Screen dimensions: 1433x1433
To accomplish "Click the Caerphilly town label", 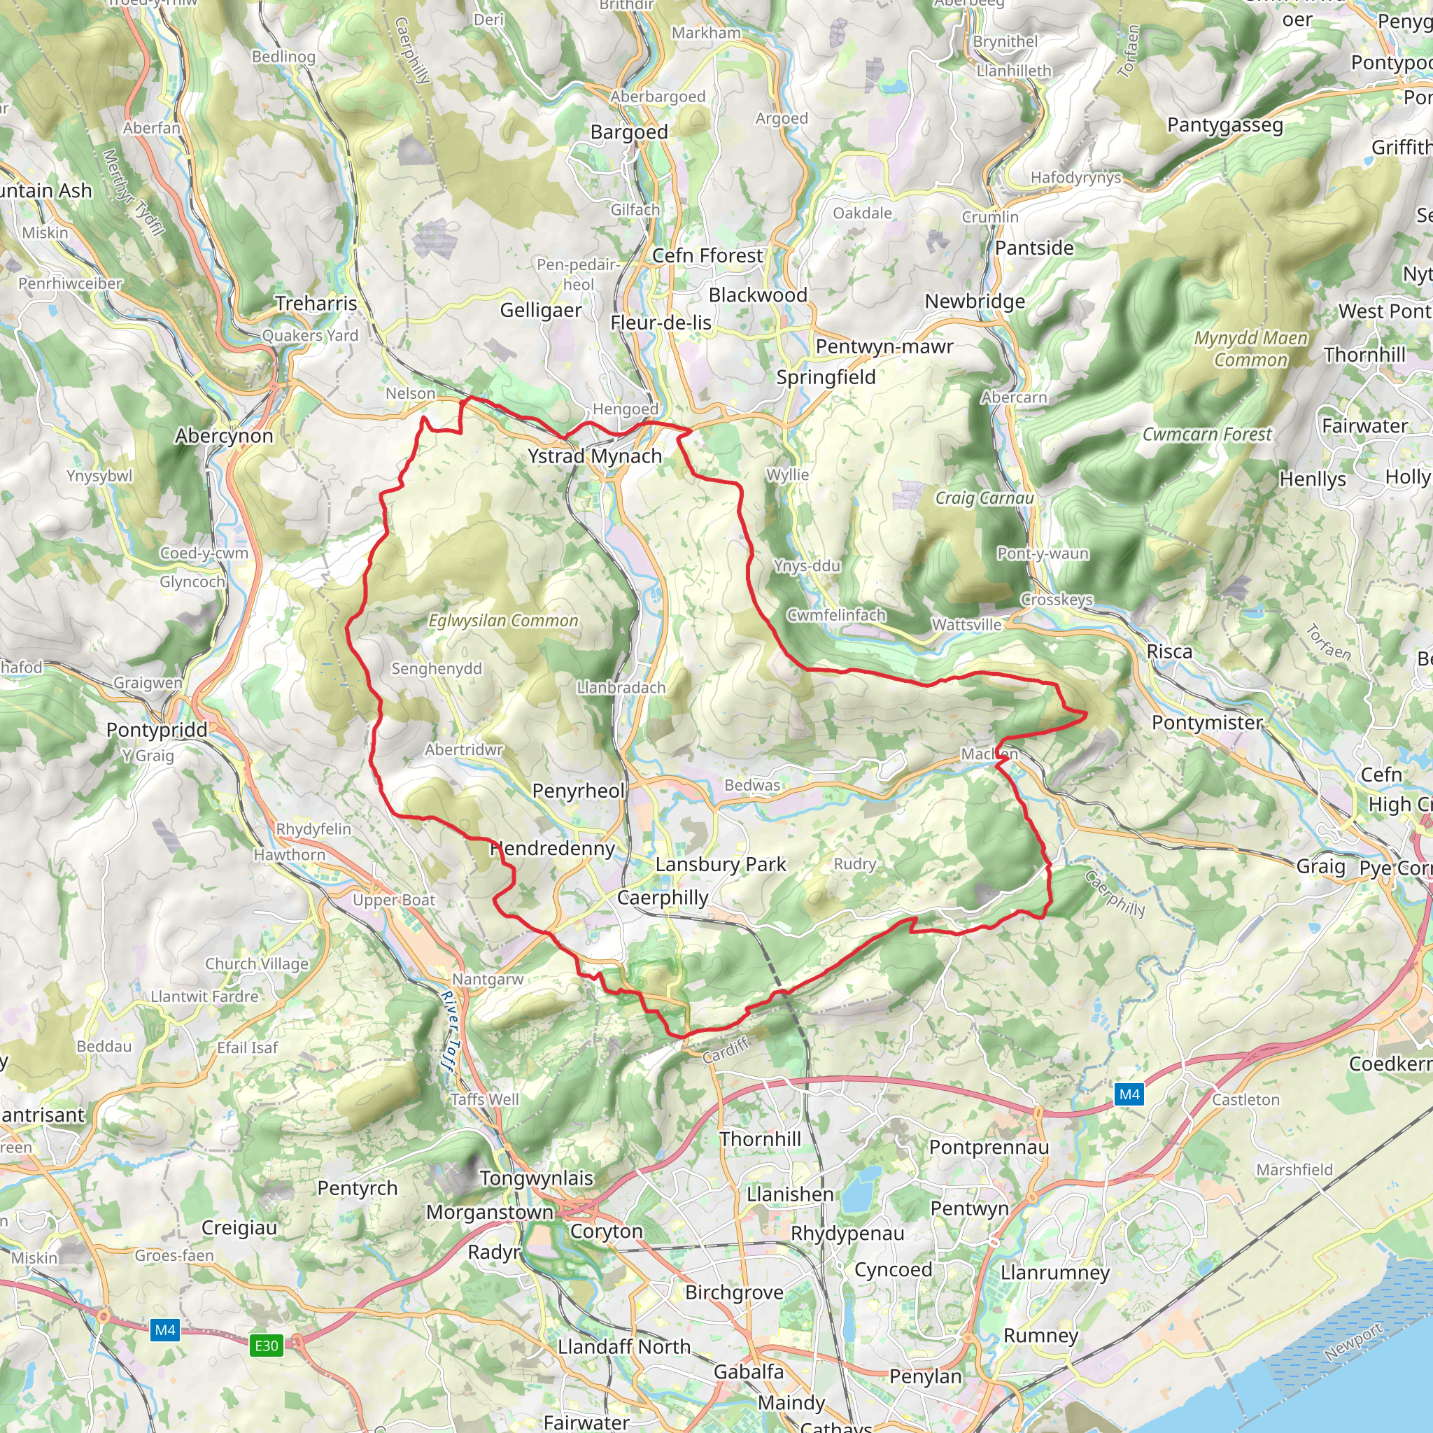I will click(x=663, y=898).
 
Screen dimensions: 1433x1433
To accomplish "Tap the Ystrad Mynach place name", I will click(x=594, y=456).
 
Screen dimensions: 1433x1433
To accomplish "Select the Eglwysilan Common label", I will click(x=503, y=621).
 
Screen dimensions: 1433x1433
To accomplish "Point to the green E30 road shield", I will click(x=267, y=1346).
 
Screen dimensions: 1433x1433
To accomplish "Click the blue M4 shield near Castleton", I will click(x=1129, y=1094).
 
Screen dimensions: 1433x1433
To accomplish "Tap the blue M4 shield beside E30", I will click(x=164, y=1330).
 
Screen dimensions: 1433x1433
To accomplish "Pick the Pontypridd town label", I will click(x=157, y=730).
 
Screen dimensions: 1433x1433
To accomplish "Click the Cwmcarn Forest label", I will click(x=1207, y=435).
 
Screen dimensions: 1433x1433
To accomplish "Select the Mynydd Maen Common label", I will click(x=1250, y=348).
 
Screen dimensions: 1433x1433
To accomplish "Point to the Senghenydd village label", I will click(x=436, y=669).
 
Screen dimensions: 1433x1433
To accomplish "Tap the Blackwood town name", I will click(x=757, y=295).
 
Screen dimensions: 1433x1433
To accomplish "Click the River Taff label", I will click(x=449, y=1031).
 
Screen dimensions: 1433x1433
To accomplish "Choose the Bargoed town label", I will click(x=629, y=132).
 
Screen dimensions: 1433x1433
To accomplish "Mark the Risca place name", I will click(x=1169, y=652).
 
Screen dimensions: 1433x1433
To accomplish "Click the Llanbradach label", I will click(x=621, y=688).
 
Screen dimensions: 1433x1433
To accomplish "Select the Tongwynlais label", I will click(x=536, y=1178).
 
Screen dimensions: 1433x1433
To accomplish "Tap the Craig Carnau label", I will click(x=984, y=497).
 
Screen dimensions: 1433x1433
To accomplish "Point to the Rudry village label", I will click(x=854, y=864).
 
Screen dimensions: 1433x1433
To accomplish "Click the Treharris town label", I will click(x=316, y=304).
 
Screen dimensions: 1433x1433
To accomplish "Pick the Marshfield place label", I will click(x=1294, y=1170).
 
